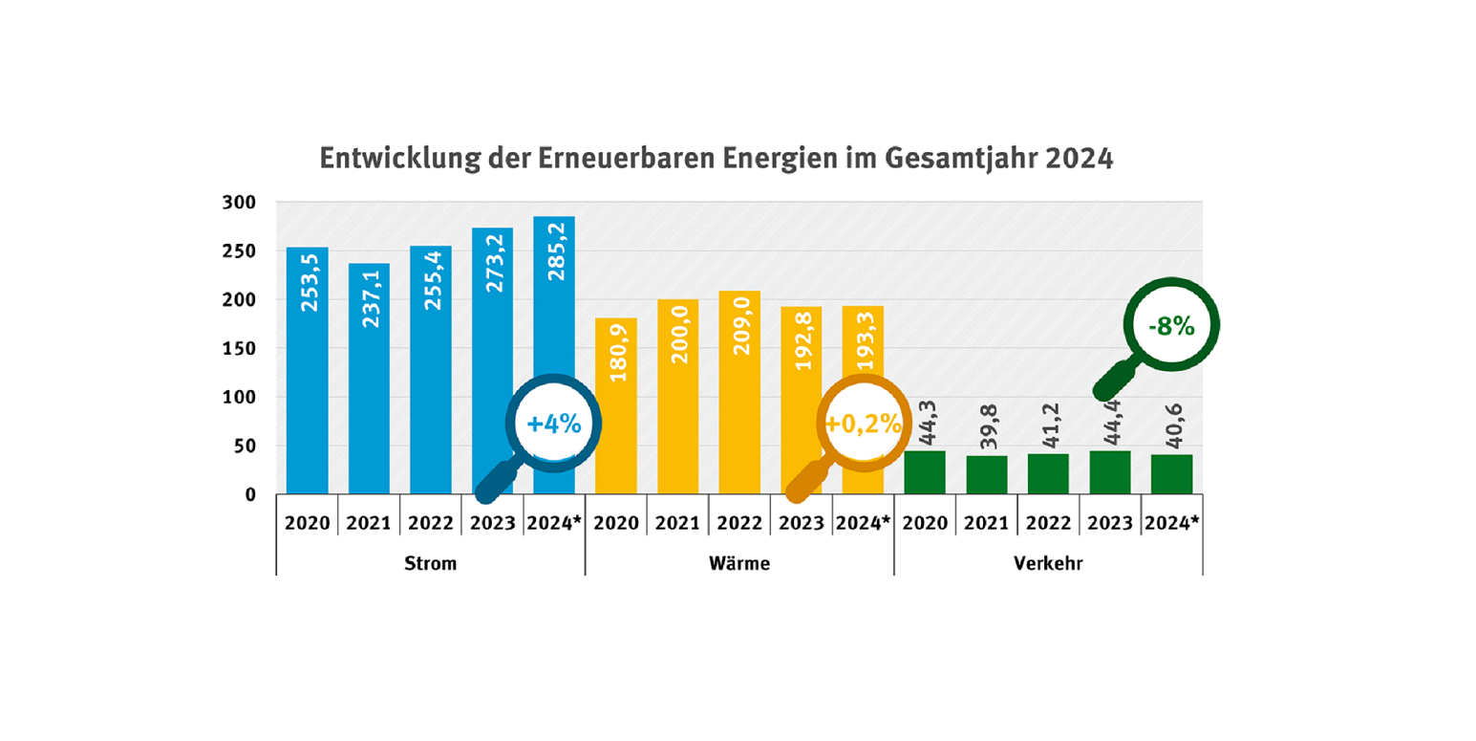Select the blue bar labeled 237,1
click(x=369, y=382)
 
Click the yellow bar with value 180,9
click(x=615, y=406)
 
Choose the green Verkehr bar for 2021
click(x=986, y=475)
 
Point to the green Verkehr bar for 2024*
click(x=1171, y=474)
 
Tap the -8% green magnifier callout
click(x=1171, y=326)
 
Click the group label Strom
click(x=430, y=563)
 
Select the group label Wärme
click(x=738, y=563)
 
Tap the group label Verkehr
click(x=1048, y=563)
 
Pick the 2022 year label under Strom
click(x=430, y=523)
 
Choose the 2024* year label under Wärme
click(x=863, y=523)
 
